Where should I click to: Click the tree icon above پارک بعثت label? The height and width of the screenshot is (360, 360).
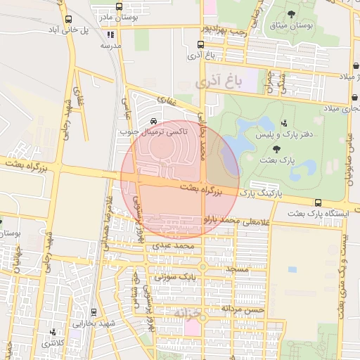point(276,149)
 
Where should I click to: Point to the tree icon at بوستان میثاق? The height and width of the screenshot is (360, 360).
point(291,14)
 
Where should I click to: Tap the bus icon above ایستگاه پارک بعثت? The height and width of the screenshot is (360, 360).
point(318,202)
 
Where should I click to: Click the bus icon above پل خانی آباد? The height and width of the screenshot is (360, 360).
point(68,20)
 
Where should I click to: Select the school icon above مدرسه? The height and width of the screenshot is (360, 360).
point(109,34)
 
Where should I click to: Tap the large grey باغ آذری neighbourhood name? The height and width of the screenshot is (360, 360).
point(218,82)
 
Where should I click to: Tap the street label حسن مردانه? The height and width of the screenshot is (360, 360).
point(243,308)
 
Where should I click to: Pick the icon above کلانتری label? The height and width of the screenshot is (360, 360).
point(53,332)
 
